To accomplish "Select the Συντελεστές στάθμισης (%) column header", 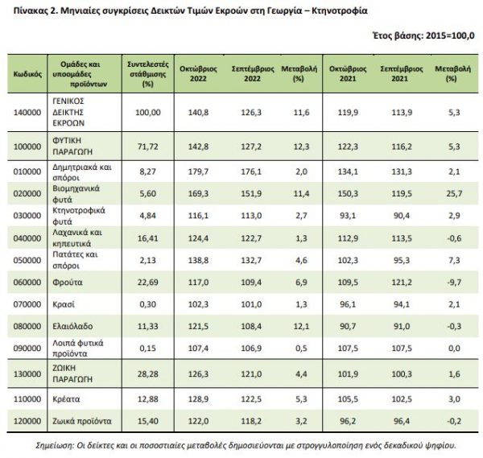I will [144, 72].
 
